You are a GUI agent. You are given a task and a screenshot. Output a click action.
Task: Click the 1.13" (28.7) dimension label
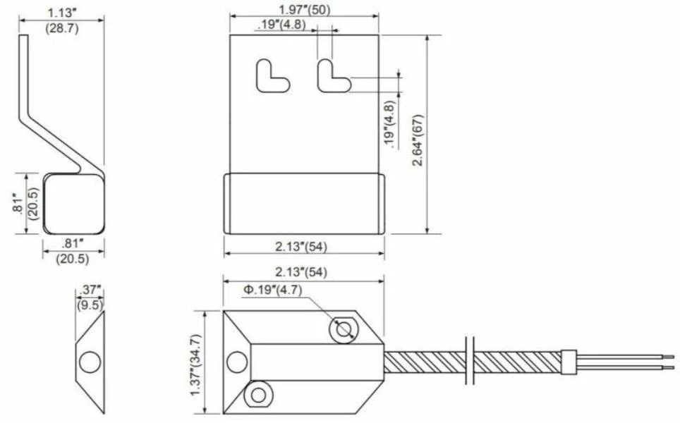coord(62,20)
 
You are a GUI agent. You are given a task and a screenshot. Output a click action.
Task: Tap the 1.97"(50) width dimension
coord(304,10)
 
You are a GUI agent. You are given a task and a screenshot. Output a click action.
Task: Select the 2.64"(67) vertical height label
coord(418,140)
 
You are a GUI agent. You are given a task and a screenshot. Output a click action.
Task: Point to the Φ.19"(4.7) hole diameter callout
coord(272,290)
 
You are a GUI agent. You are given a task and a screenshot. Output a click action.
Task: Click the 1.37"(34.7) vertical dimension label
coord(197,364)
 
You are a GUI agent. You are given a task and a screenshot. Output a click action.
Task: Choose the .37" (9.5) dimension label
coord(90,298)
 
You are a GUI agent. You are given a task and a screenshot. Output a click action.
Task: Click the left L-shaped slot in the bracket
coord(272,77)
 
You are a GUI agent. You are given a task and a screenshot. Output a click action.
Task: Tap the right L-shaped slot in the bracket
coord(334,77)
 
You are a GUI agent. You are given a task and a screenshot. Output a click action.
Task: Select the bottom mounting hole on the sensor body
coord(259,395)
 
